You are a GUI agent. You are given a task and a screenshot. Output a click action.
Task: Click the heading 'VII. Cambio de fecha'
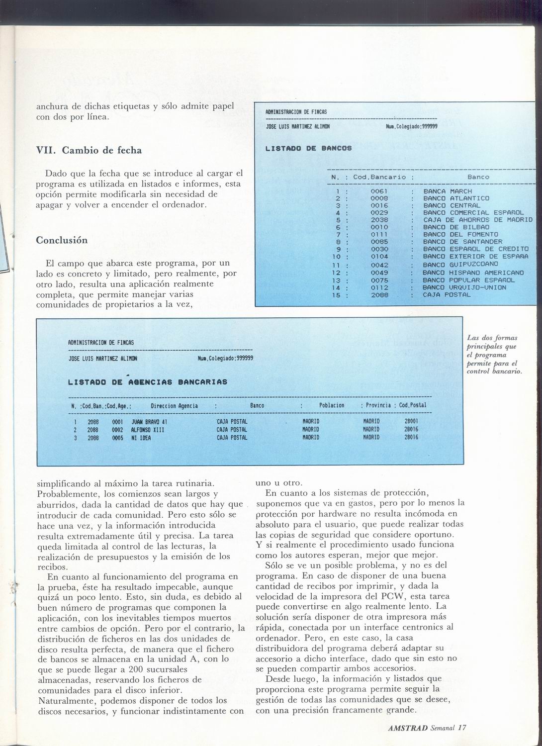89,150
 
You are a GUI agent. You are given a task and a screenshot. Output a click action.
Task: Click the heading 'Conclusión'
62,240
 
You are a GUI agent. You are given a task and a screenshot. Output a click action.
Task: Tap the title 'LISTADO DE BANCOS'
308,148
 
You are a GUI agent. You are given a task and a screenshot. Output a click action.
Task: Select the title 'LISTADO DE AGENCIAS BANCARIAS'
147,382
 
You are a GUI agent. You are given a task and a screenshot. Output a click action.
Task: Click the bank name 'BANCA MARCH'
448,191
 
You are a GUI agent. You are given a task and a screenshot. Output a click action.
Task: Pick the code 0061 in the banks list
379,191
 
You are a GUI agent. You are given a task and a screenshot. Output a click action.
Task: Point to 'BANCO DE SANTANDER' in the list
462,242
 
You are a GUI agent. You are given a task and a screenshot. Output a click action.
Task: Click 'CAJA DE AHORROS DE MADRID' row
477,219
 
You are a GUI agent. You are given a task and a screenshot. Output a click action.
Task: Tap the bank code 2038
379,219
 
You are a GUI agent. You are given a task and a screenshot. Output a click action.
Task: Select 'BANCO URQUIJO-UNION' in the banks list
464,287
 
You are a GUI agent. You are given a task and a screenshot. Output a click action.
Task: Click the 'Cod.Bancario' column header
379,177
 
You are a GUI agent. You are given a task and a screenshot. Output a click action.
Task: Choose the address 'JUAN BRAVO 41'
145,421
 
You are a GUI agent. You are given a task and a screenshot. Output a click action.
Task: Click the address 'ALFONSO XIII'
147,429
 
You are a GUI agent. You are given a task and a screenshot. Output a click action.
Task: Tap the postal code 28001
411,421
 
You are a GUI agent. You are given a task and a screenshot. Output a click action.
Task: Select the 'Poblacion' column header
332,405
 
